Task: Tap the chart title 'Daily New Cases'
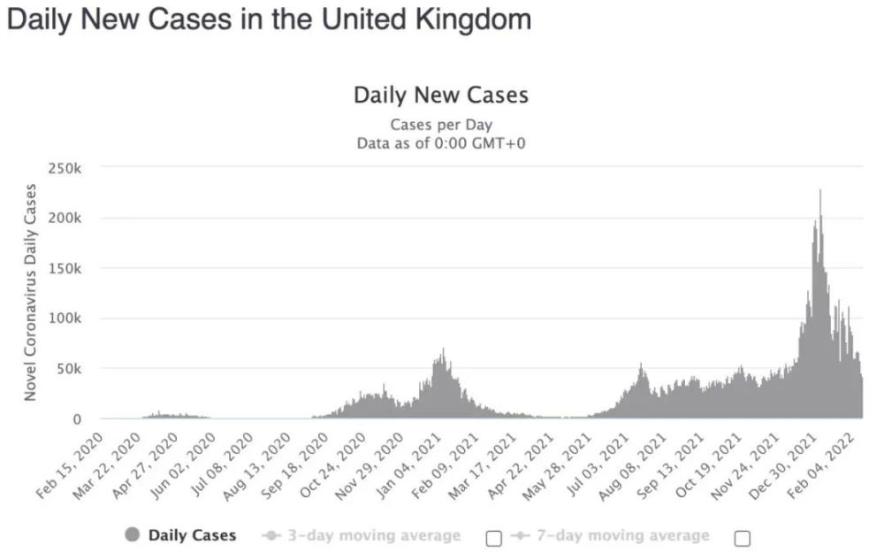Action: tap(440, 95)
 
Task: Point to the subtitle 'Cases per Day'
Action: tap(441, 124)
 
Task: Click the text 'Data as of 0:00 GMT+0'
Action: tap(441, 142)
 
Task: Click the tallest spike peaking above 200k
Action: tap(819, 192)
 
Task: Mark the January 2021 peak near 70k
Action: tap(443, 350)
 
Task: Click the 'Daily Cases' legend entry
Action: tap(182, 534)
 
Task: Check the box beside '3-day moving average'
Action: tap(494, 538)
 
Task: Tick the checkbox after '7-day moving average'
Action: tap(743, 538)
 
